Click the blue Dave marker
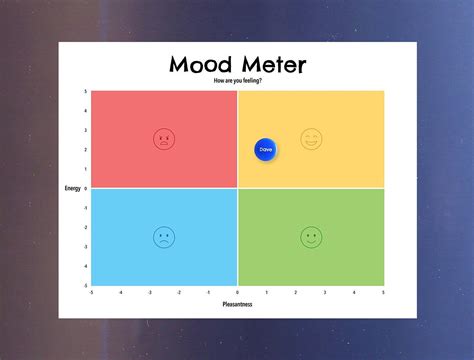(265, 149)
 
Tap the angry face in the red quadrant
(163, 139)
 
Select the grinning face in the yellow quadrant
(311, 139)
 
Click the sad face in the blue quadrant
(163, 237)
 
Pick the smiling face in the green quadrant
(311, 237)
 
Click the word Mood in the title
(201, 67)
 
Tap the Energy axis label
(73, 188)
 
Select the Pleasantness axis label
(237, 304)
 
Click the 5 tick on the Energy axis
(86, 92)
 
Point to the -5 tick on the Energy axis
(85, 285)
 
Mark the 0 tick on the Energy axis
(86, 188)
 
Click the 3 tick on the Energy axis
(86, 130)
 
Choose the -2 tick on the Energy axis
(85, 227)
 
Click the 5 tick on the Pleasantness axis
(383, 292)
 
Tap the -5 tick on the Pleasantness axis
(91, 292)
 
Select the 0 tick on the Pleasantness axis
(237, 292)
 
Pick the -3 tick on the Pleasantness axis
(150, 292)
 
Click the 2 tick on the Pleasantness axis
(296, 292)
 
